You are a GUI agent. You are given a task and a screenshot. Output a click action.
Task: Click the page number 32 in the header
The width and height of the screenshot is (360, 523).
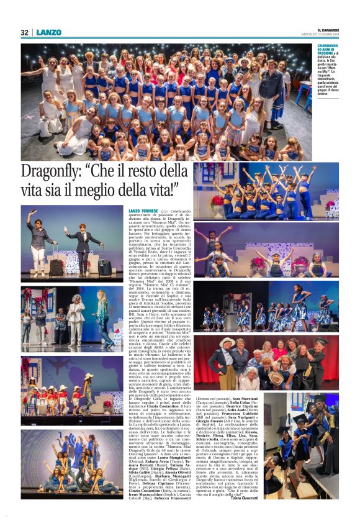coord(25,32)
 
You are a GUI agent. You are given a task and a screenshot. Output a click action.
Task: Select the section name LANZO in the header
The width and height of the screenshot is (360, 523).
coord(48,32)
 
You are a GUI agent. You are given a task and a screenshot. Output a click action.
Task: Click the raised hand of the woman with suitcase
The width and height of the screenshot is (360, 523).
coord(29,213)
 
